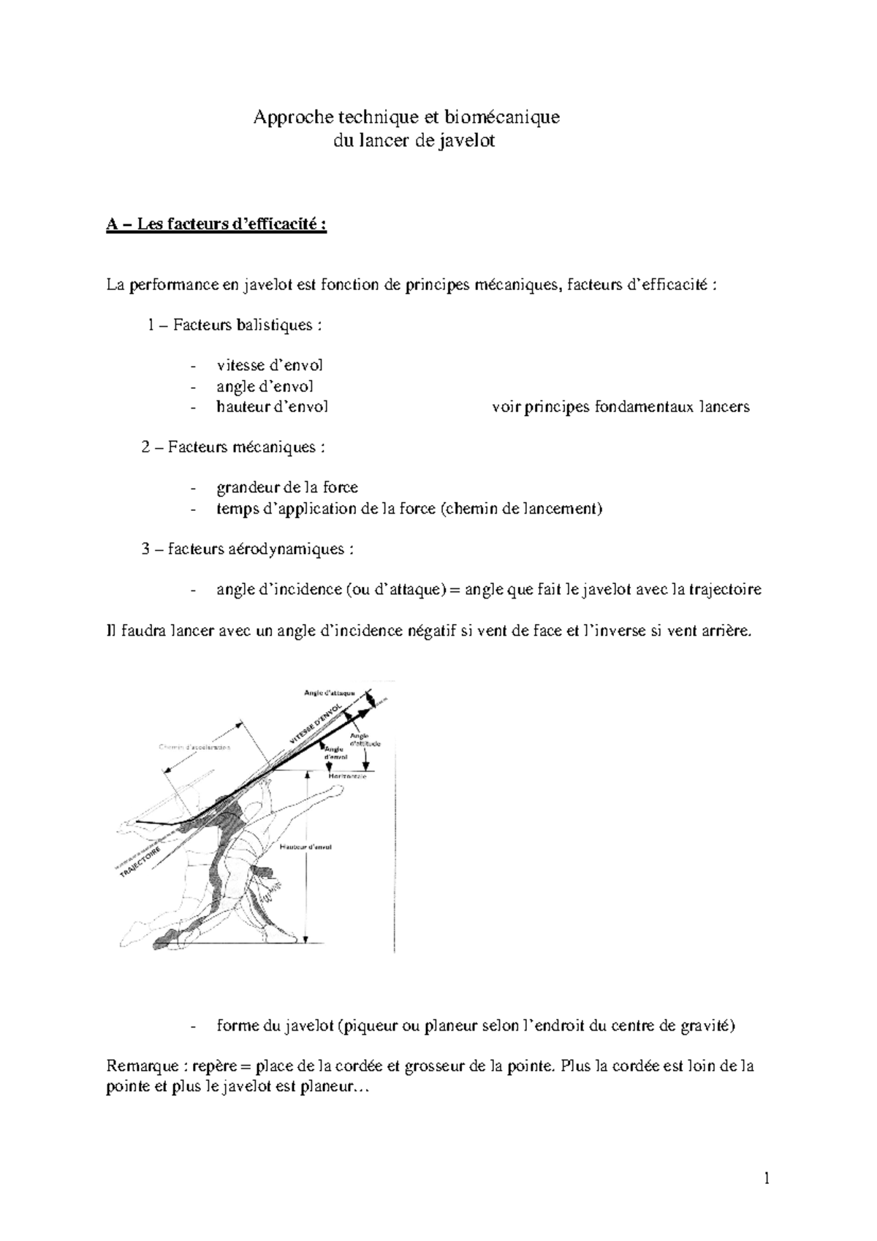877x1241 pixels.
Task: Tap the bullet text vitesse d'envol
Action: click(270, 365)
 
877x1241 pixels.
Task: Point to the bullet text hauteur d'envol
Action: click(272, 407)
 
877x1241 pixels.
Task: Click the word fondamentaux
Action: click(643, 407)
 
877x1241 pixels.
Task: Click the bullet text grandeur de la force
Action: click(286, 487)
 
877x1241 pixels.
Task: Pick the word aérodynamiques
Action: click(296, 549)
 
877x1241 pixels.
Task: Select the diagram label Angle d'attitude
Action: click(364, 740)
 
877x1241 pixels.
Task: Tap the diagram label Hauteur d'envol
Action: click(305, 846)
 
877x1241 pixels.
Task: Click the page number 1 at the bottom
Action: click(767, 1178)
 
